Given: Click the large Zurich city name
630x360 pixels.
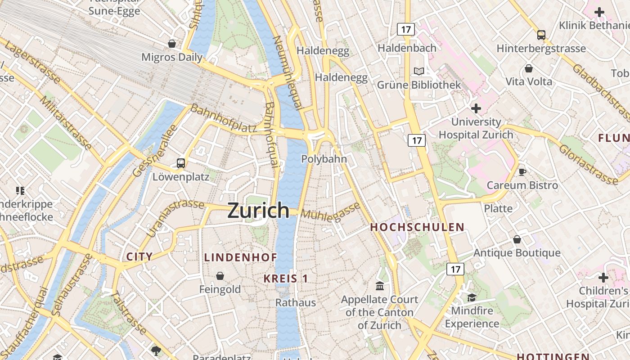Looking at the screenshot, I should point(258,210).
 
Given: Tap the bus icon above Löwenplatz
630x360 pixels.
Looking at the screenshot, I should point(181,163).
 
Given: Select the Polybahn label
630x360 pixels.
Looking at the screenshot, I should point(324,159).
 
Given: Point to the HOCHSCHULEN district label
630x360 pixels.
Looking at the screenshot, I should point(417,227).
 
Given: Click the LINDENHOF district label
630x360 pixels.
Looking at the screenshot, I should point(241,257).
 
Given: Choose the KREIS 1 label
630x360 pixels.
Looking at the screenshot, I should point(286,279).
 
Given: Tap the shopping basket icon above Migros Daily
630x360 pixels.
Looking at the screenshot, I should point(171,44).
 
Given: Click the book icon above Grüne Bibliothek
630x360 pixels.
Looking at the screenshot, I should point(419,71).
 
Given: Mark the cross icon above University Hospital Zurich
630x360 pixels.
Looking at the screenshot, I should point(476,108).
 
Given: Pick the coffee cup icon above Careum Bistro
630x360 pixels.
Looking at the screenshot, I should point(522,172).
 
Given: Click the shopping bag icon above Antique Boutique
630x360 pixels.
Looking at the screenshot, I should point(517,239).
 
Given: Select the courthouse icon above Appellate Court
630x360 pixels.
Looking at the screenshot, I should point(380,286).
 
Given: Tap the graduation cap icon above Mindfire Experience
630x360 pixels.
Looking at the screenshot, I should point(472,297).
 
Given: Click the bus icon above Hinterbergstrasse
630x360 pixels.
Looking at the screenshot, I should point(541,35).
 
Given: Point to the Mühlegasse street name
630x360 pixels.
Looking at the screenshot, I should point(331,211).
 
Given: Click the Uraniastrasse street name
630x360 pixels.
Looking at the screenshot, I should point(175,217).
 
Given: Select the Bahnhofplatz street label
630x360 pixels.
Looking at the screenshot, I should point(223,118).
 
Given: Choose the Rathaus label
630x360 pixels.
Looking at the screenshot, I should point(296,302).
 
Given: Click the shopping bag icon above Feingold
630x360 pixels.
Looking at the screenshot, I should point(220,276).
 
